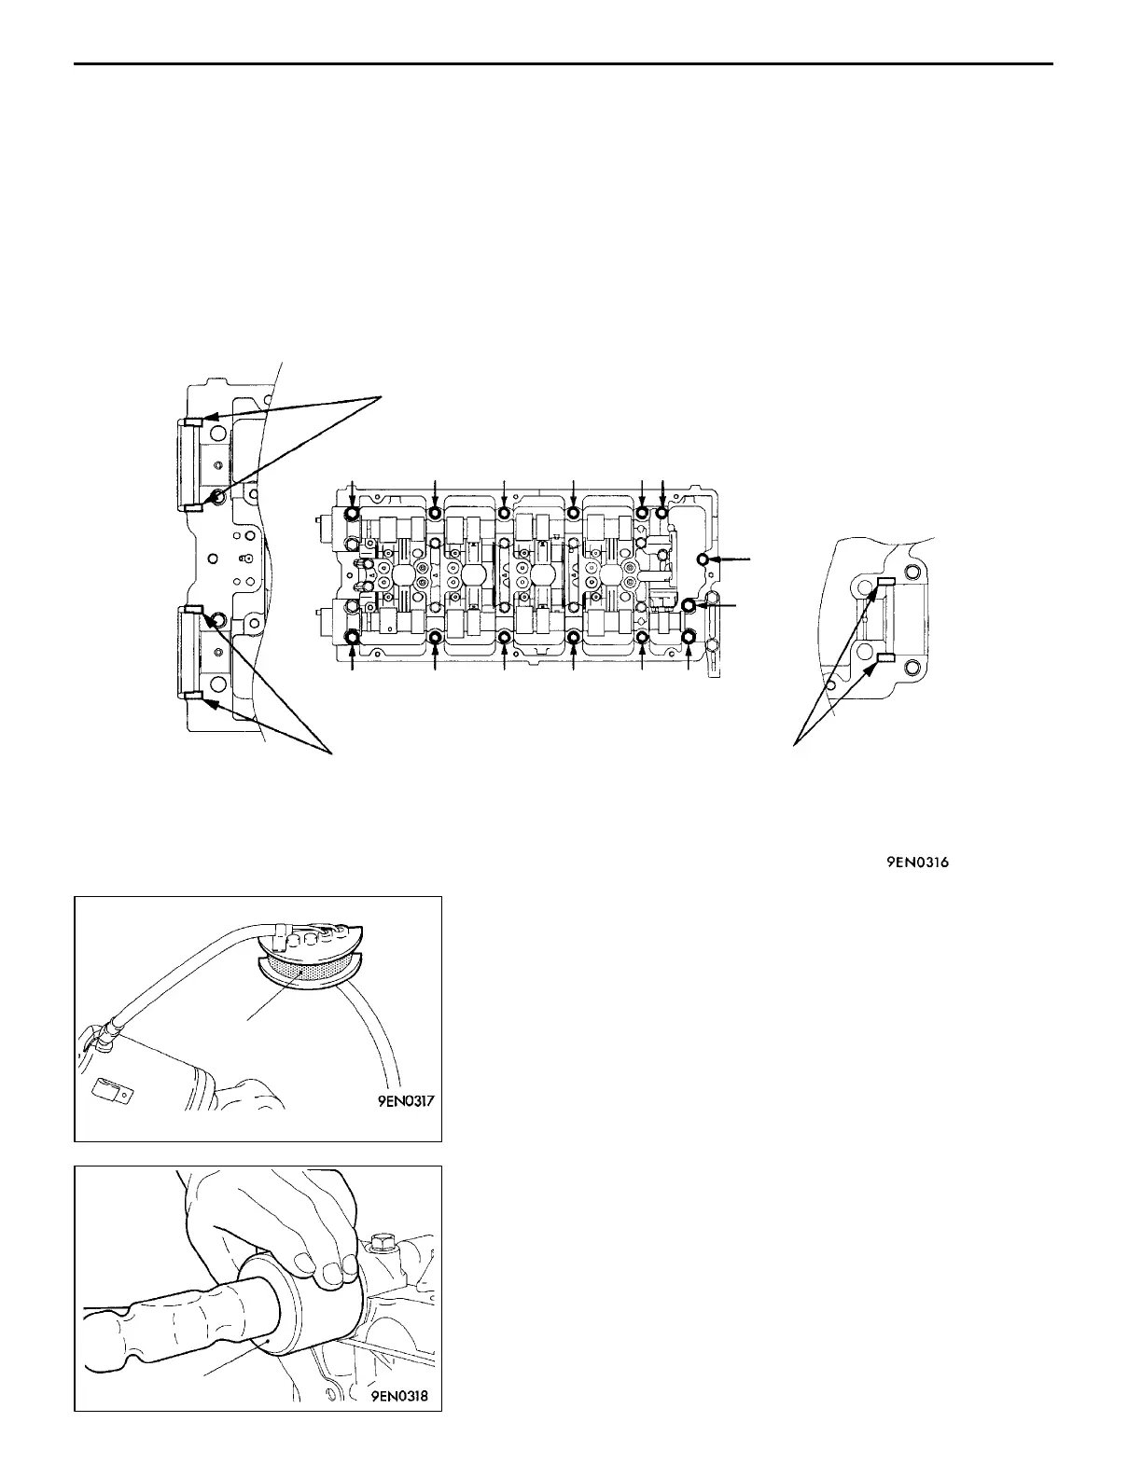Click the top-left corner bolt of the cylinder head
point(352,514)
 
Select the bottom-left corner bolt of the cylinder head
point(352,638)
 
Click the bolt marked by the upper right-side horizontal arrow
point(704,559)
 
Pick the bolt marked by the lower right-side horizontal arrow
point(689,606)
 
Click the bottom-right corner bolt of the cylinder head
point(689,638)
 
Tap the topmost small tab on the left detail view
point(190,421)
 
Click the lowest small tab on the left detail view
point(190,695)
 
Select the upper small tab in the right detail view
point(885,582)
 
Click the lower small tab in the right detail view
point(885,658)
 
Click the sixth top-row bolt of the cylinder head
point(662,514)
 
